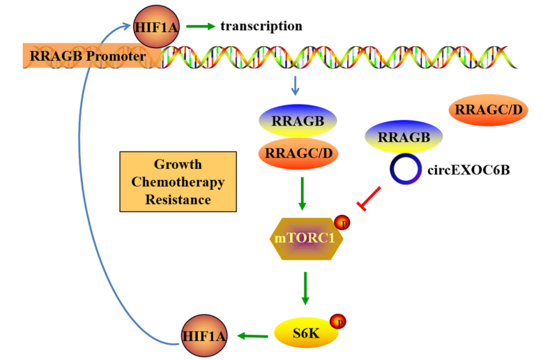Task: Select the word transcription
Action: point(261,27)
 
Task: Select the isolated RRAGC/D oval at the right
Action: point(488,110)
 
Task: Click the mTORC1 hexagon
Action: point(304,237)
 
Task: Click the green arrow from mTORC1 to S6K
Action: point(304,287)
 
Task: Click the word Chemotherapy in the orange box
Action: point(178,182)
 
